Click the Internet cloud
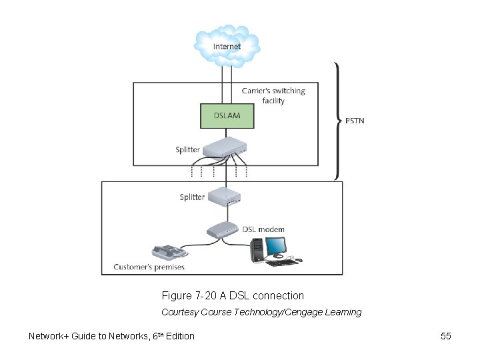(227, 45)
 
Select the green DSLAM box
(227, 115)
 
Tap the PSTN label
(355, 121)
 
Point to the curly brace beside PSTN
(337, 121)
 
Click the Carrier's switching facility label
(273, 95)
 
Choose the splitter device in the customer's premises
(225, 197)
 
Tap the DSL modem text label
(263, 229)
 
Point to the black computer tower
(257, 251)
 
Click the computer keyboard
(282, 263)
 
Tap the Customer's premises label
(149, 267)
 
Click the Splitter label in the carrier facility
(187, 149)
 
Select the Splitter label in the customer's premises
(192, 197)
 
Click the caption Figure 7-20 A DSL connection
(233, 295)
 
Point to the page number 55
(446, 336)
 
